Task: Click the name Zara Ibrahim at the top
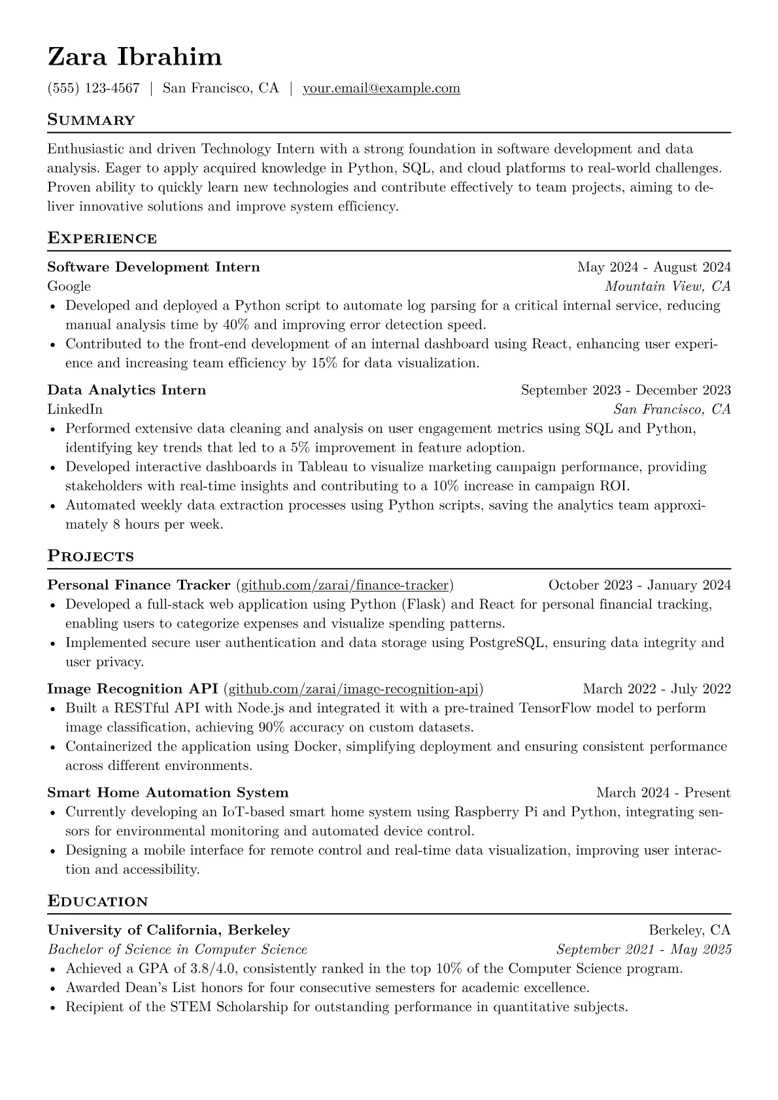point(135,58)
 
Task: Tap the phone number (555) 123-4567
point(93,88)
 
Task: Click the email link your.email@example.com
point(381,88)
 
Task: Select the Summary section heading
point(92,120)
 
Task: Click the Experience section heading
point(102,238)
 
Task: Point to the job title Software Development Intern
point(154,267)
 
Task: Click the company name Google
point(69,286)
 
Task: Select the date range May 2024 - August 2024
point(654,267)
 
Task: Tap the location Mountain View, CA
point(668,286)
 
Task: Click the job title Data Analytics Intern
point(127,390)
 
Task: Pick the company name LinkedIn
point(75,409)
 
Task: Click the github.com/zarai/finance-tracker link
point(345,585)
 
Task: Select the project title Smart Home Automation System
point(168,793)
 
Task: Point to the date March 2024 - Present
point(663,793)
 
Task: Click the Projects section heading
point(91,556)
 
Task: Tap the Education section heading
point(98,902)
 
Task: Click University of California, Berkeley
point(169,930)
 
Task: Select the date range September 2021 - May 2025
point(643,950)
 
